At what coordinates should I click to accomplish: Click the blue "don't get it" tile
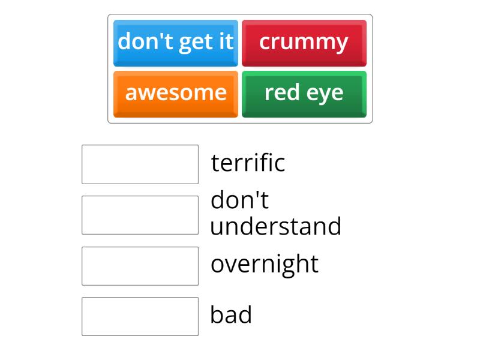pyautogui.click(x=175, y=43)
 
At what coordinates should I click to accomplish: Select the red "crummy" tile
pyautogui.click(x=304, y=43)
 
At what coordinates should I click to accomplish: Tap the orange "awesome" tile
pyautogui.click(x=175, y=94)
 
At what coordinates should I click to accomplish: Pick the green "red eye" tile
pyautogui.click(x=304, y=94)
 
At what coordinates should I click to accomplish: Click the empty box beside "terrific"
pyautogui.click(x=140, y=164)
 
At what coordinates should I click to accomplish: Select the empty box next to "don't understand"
pyautogui.click(x=140, y=215)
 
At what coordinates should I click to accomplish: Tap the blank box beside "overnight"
pyautogui.click(x=140, y=266)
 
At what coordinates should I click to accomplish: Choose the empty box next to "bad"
pyautogui.click(x=140, y=316)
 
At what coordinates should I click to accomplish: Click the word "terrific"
pyautogui.click(x=248, y=163)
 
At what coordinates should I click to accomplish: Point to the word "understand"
pyautogui.click(x=275, y=227)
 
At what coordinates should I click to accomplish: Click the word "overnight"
pyautogui.click(x=264, y=265)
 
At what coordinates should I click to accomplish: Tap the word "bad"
pyautogui.click(x=231, y=315)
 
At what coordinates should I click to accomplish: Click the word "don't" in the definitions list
pyautogui.click(x=239, y=200)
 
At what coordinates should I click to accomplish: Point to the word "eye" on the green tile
pyautogui.click(x=327, y=94)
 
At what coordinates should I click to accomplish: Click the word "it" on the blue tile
pyautogui.click(x=225, y=41)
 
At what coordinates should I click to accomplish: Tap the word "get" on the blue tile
pyautogui.click(x=194, y=43)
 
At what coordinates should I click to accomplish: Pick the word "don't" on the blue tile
pyautogui.click(x=142, y=41)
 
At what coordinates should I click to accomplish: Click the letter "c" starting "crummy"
pyautogui.click(x=265, y=43)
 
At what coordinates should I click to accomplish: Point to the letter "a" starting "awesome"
pyautogui.click(x=130, y=94)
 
